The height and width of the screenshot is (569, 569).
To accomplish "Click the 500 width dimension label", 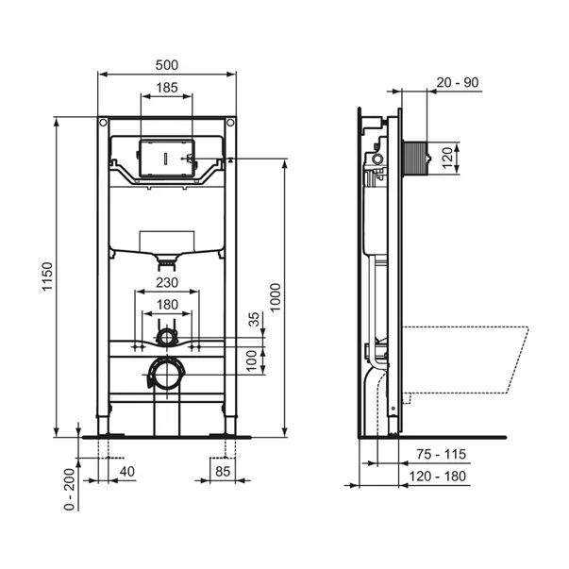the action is point(167,65).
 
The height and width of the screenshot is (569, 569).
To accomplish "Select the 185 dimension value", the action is point(167,88).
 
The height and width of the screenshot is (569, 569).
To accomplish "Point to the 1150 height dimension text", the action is point(47,276).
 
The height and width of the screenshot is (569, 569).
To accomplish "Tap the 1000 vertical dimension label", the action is point(276,297).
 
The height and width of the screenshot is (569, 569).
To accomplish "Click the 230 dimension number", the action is point(167,282).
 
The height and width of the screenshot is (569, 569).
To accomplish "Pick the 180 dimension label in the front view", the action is point(167,305).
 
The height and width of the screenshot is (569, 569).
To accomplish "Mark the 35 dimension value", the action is point(255,319).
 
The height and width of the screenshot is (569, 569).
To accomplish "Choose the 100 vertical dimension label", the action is point(252,360).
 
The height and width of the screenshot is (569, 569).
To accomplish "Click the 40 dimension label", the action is point(127,472).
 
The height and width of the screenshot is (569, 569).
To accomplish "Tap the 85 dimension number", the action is point(223,472).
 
